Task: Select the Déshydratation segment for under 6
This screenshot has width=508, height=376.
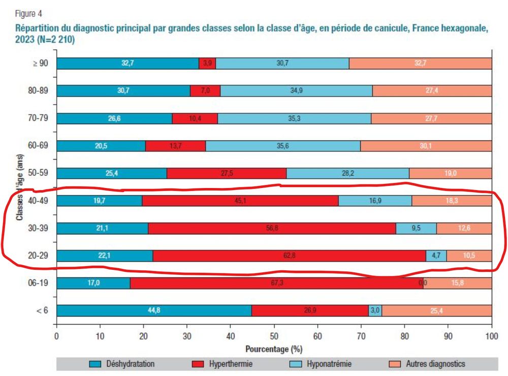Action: [x=154, y=310]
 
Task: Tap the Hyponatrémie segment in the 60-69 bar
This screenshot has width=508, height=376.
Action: [x=283, y=146]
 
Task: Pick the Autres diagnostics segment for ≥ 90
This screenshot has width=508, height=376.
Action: [x=420, y=64]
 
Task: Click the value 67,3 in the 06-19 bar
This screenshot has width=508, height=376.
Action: [x=276, y=283]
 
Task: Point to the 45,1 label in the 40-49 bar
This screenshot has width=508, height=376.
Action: [x=240, y=201]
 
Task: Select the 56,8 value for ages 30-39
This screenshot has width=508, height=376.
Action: [x=272, y=228]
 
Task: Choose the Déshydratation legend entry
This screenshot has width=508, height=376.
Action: [x=130, y=364]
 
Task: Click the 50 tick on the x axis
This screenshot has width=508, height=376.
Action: [x=274, y=336]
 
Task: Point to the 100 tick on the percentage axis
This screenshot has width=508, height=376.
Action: [x=491, y=336]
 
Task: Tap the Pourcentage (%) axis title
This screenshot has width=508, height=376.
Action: [x=274, y=350]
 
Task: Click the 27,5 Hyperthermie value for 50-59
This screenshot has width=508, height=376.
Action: [x=227, y=173]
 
